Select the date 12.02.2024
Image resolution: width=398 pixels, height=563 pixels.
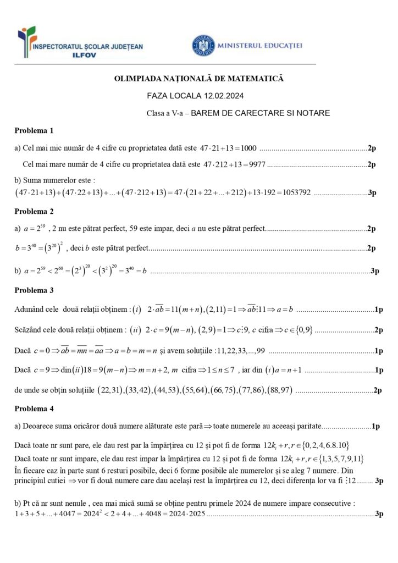tap(222, 96)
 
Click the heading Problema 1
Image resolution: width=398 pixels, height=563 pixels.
tap(34, 131)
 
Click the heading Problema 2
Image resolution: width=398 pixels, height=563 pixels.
tap(34, 211)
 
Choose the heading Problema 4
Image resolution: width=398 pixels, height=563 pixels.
tap(34, 409)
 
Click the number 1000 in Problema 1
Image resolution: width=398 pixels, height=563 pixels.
tap(246, 148)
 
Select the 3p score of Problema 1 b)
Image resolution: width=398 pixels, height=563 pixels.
tap(372, 192)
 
